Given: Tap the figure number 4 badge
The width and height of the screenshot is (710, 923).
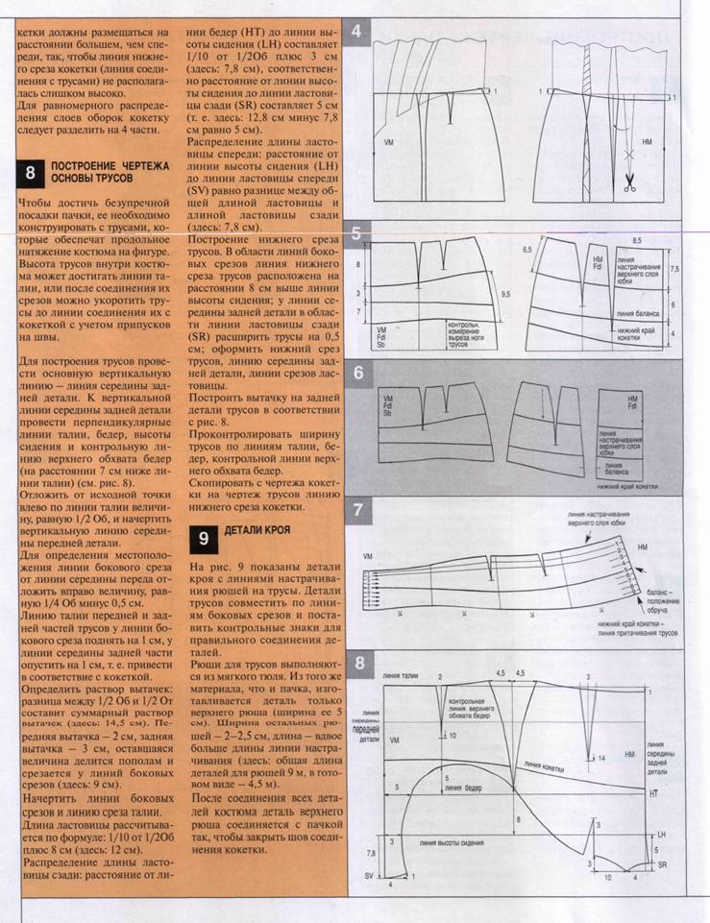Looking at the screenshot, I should (x=357, y=31).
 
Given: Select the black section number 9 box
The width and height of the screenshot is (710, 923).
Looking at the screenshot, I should (x=203, y=537).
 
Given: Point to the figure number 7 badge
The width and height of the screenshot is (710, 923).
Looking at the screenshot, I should (x=357, y=510).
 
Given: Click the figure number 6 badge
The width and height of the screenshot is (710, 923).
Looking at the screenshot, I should (x=357, y=373).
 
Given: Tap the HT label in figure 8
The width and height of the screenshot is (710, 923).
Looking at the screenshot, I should (x=653, y=794).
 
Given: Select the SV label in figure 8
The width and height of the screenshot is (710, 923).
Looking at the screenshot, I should (x=368, y=877).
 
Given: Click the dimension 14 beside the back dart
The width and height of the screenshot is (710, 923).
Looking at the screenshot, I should (x=600, y=758).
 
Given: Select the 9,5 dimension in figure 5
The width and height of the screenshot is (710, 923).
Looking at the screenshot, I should (x=505, y=294).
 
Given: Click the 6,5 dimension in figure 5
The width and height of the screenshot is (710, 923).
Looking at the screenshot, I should (x=553, y=250).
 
